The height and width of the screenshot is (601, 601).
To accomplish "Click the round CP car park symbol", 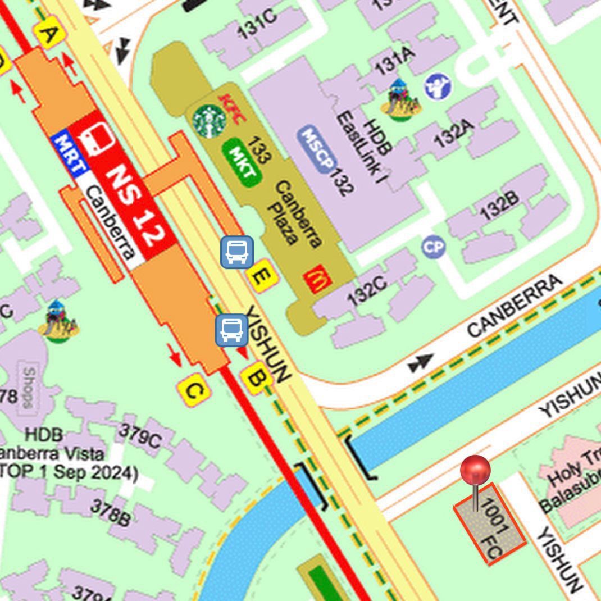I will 434,247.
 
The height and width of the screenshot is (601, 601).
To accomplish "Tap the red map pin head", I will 475,470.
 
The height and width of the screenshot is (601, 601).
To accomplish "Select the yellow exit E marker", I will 262,276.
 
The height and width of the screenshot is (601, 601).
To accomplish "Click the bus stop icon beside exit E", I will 236,252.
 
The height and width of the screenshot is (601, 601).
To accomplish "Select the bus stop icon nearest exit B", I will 232,330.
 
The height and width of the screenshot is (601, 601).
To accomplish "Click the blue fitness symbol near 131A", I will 438,86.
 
